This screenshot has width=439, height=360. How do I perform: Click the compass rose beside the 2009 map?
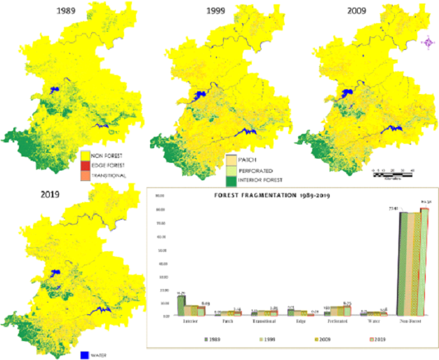pyautogui.click(x=426, y=44)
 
